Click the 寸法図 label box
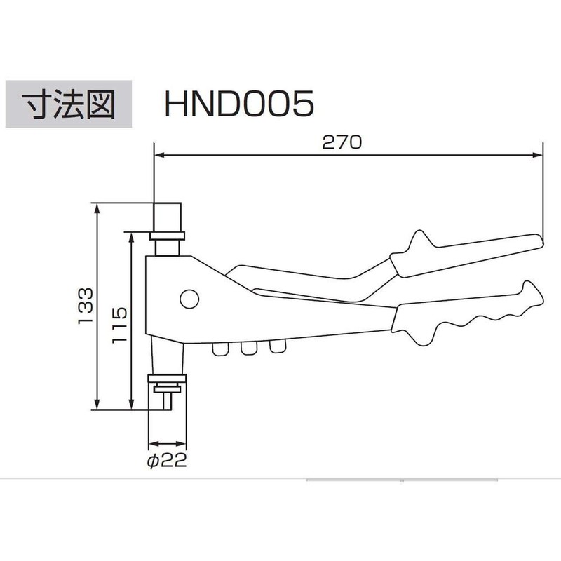pos(69,105)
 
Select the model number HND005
pos(238,105)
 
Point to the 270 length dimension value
pos(342,142)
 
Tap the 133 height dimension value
pos(85,306)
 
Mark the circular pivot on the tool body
pos(188,299)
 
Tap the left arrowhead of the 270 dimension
pos(158,155)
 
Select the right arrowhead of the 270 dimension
pos(539,155)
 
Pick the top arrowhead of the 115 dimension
pos(131,237)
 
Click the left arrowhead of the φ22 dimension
pos(153,444)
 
